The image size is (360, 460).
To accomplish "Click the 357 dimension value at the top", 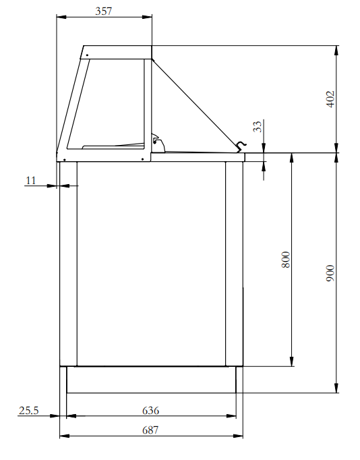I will pos(103,11).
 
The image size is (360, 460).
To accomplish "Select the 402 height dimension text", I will pos(330,99).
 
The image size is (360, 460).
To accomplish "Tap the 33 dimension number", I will pos(257,127).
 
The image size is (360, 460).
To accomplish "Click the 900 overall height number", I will pos(330,272).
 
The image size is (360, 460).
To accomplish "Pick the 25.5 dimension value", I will pos(29,409).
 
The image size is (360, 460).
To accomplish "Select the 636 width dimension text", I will pos(150,409).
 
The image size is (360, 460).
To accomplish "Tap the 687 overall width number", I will pos(150,430).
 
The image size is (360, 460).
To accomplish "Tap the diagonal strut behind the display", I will pos(196,101).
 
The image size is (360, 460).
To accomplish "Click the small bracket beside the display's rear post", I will pos(158,140).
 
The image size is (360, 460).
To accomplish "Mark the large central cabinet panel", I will pos(151,263).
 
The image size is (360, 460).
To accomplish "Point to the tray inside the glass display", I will pos(113,144).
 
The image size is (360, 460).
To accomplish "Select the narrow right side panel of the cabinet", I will pos(233,263).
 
